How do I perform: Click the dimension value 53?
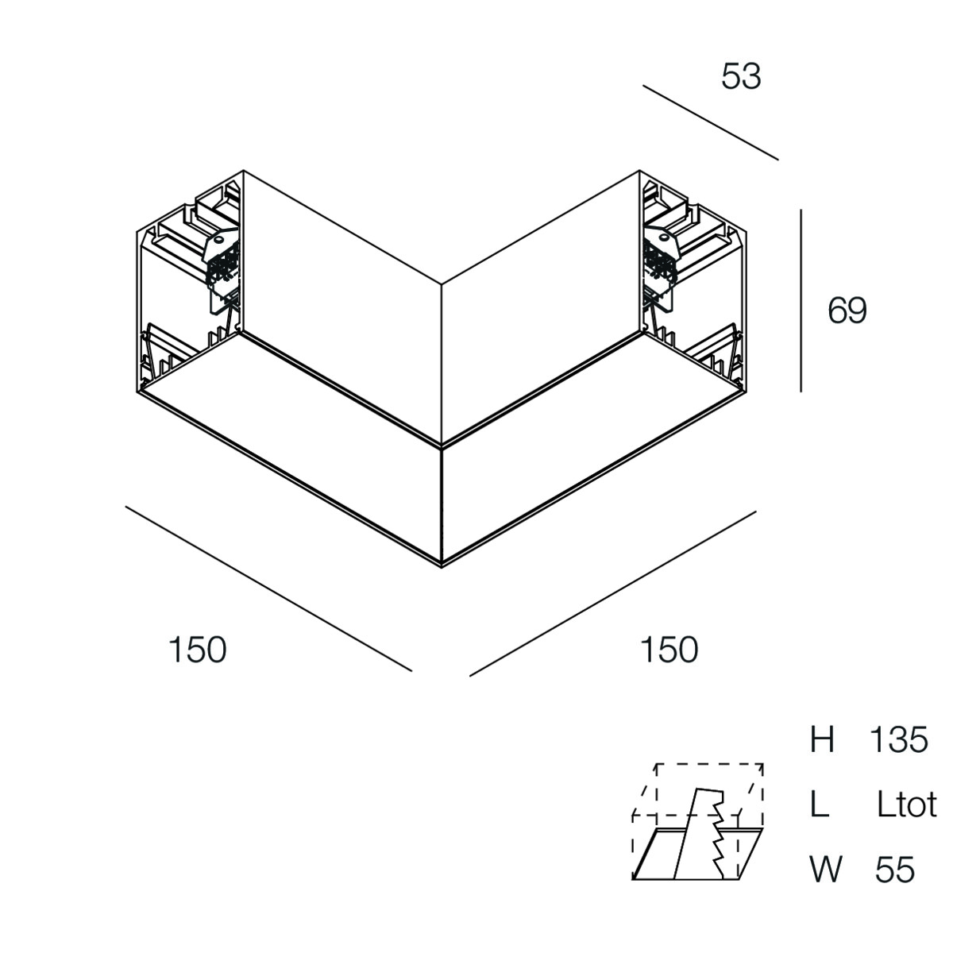pos(741,77)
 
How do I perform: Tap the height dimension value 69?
pos(847,311)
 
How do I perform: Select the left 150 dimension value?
pos(197,650)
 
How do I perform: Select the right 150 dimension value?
pos(669,650)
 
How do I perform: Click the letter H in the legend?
pos(822,754)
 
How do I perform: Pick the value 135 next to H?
pos(898,754)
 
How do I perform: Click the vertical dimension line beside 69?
pos(801,301)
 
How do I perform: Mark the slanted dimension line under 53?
pos(711,122)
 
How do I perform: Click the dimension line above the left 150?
pos(268,588)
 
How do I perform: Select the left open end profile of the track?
pos(188,287)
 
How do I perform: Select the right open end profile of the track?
pos(693,287)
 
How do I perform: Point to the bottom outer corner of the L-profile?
pos(442,567)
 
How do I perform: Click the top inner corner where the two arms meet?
pos(442,284)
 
